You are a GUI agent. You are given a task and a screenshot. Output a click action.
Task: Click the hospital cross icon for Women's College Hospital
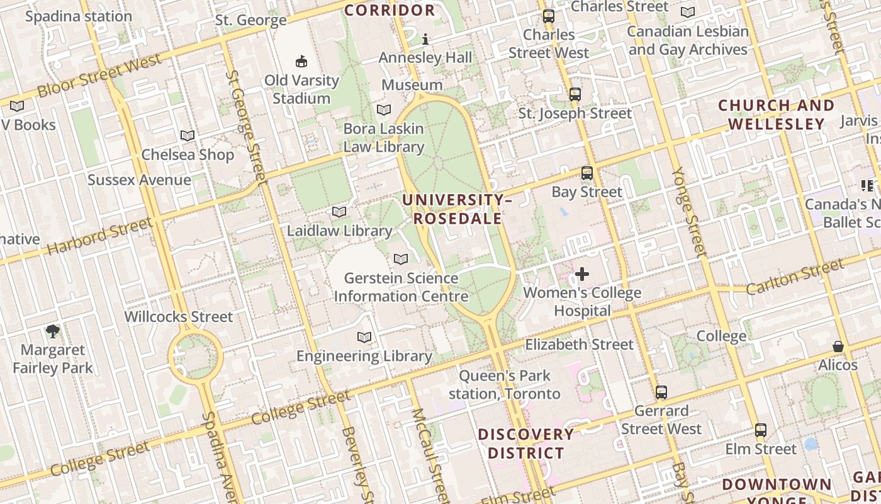[582, 274]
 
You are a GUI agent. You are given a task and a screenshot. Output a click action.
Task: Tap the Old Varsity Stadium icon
[301, 61]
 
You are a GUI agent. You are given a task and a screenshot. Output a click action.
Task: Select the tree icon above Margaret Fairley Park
[53, 331]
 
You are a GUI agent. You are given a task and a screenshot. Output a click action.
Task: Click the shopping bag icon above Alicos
[838, 346]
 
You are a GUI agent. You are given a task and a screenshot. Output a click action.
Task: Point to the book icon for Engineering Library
[364, 337]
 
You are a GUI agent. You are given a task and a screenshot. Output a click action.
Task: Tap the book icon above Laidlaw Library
[339, 212]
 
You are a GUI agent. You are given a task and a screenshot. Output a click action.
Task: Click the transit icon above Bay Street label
[586, 173]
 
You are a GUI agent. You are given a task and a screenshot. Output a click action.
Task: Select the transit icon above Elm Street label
[761, 430]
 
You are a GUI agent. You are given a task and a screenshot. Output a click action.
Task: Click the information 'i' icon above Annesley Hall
[425, 40]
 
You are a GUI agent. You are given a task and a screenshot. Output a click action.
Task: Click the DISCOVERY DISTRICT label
[525, 444]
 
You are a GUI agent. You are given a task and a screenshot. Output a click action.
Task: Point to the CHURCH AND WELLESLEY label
[776, 115]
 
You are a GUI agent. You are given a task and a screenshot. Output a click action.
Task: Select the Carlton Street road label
[795, 276]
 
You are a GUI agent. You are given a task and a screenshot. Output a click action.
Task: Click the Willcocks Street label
[179, 316]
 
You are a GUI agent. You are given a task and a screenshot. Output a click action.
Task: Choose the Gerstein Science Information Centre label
[401, 287]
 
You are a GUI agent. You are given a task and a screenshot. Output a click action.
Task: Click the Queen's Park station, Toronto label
[505, 385]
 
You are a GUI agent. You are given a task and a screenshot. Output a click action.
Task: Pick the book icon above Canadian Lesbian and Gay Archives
[688, 13]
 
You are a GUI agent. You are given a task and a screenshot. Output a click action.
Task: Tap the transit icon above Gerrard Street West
[661, 392]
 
